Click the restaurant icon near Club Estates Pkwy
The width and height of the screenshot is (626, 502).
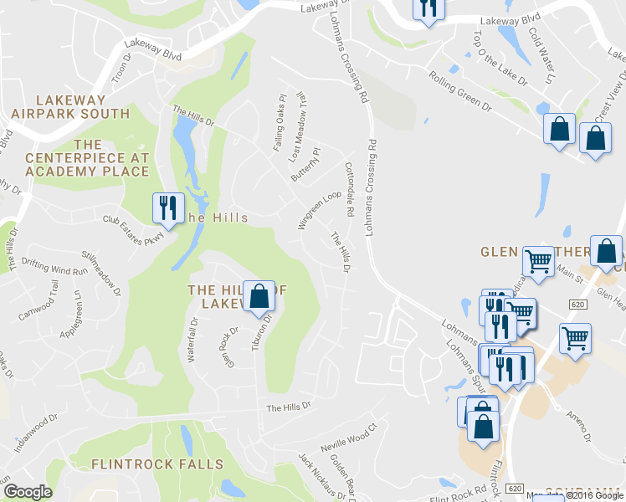pyautogui.click(x=167, y=207)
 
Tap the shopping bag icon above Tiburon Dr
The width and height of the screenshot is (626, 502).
pyautogui.click(x=259, y=295)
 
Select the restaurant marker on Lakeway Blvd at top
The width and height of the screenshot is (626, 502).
pyautogui.click(x=428, y=8)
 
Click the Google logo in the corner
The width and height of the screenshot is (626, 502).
pyautogui.click(x=28, y=492)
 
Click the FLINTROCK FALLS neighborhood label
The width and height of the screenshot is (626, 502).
pyautogui.click(x=157, y=464)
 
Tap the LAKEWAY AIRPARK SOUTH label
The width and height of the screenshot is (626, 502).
pyautogui.click(x=70, y=106)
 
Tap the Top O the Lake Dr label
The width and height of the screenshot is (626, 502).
pyautogui.click(x=500, y=59)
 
